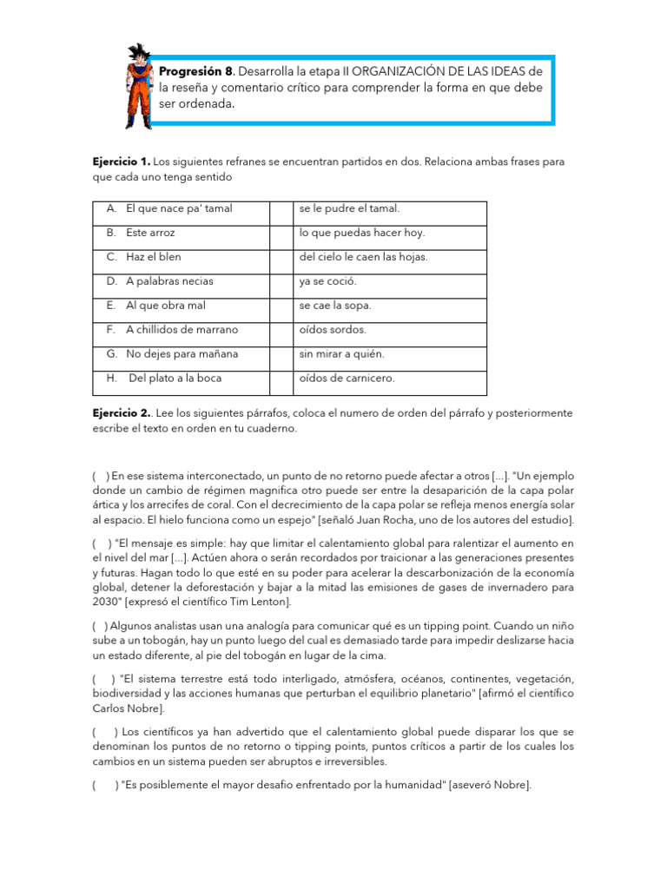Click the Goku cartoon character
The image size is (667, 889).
137,86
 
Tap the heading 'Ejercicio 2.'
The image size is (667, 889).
122,413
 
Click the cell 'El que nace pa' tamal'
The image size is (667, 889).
179,209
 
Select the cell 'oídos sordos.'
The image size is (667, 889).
333,330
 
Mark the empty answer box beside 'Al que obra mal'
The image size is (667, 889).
281,306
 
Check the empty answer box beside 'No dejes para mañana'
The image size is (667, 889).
281,354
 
